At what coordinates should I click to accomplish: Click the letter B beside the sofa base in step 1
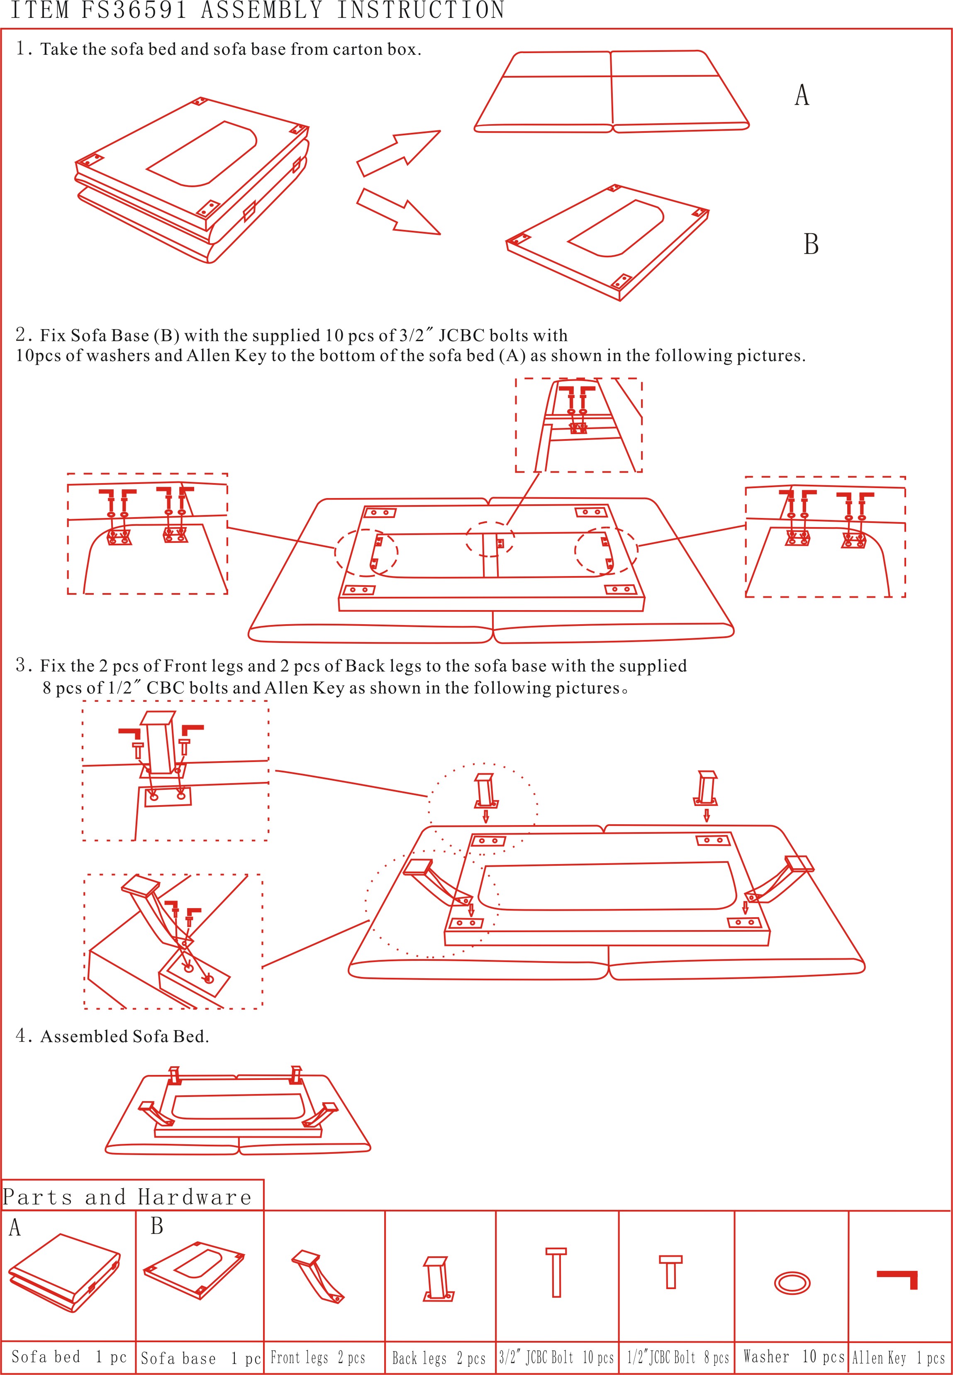810,244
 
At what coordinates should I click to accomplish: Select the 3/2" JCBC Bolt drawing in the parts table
556,1272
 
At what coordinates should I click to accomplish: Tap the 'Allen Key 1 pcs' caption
898,1358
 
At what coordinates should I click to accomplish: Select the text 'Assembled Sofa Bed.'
124,1036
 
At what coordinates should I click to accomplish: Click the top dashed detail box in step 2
579,425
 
